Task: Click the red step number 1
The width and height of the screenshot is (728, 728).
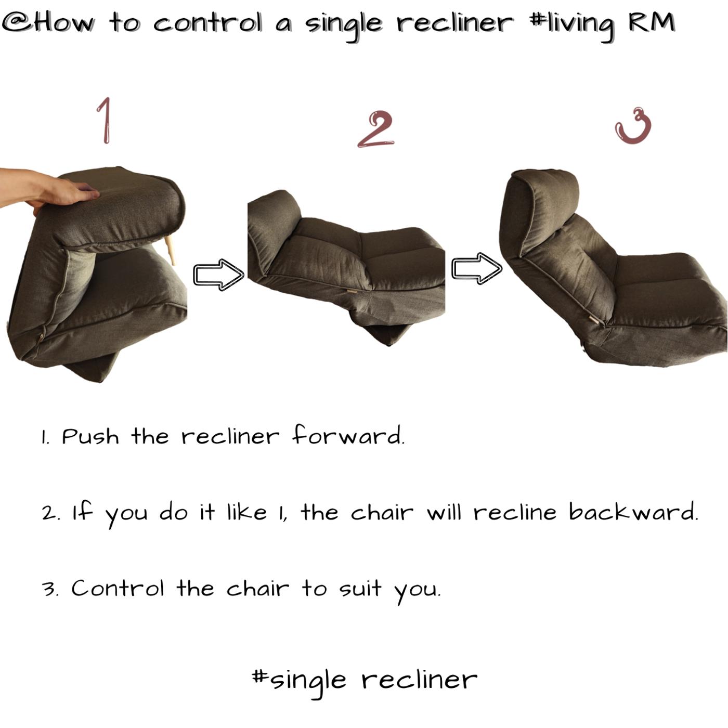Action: (x=106, y=121)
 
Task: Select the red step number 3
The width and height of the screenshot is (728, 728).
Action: (x=633, y=126)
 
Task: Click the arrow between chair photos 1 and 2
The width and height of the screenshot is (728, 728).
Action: (x=218, y=275)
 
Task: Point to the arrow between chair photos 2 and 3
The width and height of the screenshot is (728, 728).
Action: (x=477, y=268)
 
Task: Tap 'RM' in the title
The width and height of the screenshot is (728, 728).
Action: (x=652, y=22)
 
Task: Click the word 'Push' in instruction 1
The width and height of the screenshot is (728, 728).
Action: (x=90, y=437)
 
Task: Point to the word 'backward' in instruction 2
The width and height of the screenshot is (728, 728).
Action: (x=633, y=512)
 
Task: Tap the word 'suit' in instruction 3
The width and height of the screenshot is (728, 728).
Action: (x=360, y=589)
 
